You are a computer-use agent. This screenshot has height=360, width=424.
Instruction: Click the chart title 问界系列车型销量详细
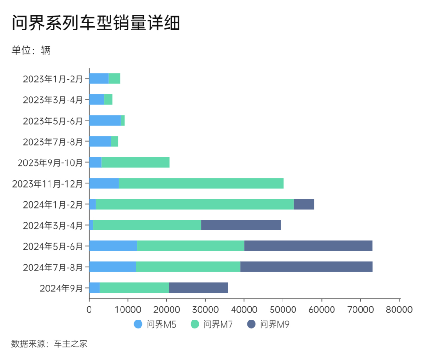(x=95, y=22)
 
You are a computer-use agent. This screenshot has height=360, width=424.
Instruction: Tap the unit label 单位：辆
(x=31, y=50)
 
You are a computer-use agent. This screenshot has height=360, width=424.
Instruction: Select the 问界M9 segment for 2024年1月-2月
(x=304, y=204)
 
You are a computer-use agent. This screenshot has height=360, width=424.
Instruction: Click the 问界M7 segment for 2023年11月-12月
(x=201, y=183)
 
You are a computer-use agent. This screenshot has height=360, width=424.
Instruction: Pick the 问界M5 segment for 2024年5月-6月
(x=113, y=246)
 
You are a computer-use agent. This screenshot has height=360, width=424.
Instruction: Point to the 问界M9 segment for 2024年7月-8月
(x=306, y=267)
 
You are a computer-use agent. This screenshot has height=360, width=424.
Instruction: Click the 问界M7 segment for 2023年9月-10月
(x=135, y=162)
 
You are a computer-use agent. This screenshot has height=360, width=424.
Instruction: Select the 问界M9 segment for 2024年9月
(x=198, y=288)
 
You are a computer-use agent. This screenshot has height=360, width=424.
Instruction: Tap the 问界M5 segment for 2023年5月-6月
(x=105, y=120)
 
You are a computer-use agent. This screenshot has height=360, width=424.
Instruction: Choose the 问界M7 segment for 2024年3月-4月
(x=147, y=225)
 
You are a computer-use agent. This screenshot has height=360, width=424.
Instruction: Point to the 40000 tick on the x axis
(x=244, y=309)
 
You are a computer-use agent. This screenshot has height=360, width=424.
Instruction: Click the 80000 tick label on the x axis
(x=399, y=309)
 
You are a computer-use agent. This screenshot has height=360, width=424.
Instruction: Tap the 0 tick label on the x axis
(x=89, y=309)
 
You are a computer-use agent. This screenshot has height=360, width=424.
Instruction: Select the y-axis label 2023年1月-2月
(x=53, y=79)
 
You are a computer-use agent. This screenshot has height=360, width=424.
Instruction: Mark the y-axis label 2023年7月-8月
(x=53, y=142)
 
